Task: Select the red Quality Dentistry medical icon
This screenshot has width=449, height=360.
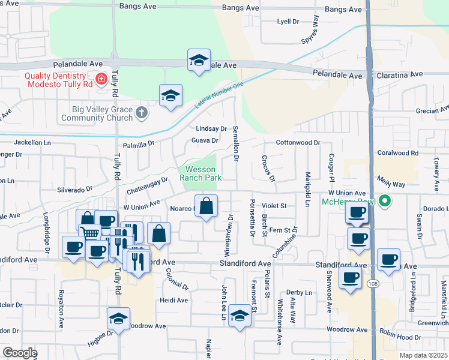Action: [101, 78]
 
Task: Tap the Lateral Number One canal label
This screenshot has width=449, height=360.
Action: [219, 95]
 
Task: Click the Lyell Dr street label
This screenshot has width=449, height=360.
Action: [288, 22]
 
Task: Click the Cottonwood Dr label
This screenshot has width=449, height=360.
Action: [298, 143]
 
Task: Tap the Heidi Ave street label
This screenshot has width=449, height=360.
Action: [174, 300]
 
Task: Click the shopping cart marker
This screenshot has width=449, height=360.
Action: [89, 232]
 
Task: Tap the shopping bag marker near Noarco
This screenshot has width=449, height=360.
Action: [206, 206]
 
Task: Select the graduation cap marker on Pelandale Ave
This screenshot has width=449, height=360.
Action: [199, 60]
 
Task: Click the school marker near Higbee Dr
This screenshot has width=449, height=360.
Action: [118, 318]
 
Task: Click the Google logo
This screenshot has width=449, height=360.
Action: [20, 353]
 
